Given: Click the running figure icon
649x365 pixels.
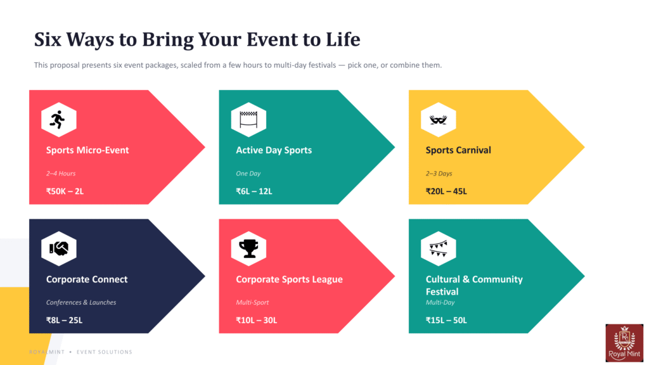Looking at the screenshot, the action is tap(58, 120).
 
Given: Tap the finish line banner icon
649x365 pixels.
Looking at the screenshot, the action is tap(248, 120).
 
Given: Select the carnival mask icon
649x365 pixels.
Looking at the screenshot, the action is tap(439, 120).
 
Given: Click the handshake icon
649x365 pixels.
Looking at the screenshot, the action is tap(59, 248).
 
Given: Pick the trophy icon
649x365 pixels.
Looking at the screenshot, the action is tap(248, 248).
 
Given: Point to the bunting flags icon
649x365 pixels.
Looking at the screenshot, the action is tap(439, 248).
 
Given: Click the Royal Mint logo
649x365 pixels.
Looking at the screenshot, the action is tap(624, 343).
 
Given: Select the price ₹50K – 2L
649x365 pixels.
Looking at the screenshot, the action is tap(65, 191).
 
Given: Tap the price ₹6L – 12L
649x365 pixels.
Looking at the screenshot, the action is tap(254, 191).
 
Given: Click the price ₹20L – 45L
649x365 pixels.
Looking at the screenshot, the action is tap(446, 191).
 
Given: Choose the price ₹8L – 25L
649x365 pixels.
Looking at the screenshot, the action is tap(64, 320).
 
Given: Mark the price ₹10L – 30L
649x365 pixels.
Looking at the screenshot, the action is tap(257, 320).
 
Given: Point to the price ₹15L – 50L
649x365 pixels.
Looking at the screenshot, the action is tap(446, 320).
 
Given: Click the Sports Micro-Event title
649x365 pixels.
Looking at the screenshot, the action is tap(87, 150).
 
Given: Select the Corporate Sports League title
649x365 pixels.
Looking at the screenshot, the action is tap(289, 279).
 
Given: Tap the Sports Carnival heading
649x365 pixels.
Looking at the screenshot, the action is tap(458, 150).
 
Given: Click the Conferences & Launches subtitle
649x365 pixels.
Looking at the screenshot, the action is tap(81, 302).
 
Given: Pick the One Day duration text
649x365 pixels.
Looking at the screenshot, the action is tap(248, 174).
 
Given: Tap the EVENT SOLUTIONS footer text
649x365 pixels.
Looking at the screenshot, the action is tap(105, 352).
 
